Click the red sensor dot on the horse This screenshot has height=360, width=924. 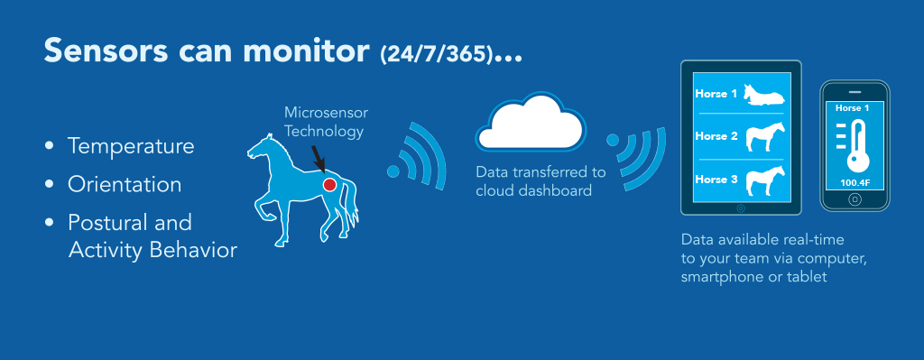(x=329, y=185)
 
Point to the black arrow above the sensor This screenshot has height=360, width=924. (x=319, y=158)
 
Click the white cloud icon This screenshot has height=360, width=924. (x=531, y=122)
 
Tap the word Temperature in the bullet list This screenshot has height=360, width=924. (x=131, y=145)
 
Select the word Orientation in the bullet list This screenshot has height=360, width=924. (x=125, y=184)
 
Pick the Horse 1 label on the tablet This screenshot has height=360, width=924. (x=716, y=93)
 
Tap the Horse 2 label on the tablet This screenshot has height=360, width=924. (x=716, y=136)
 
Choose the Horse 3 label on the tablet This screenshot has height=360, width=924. (x=716, y=180)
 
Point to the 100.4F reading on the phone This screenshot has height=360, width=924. (x=855, y=182)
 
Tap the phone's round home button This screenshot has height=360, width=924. (x=855, y=199)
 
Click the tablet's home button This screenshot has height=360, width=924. (x=741, y=208)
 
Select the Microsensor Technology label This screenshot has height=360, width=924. (x=326, y=122)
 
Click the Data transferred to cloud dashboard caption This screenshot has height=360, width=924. (x=541, y=181)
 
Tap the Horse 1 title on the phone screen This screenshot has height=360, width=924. (x=852, y=108)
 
